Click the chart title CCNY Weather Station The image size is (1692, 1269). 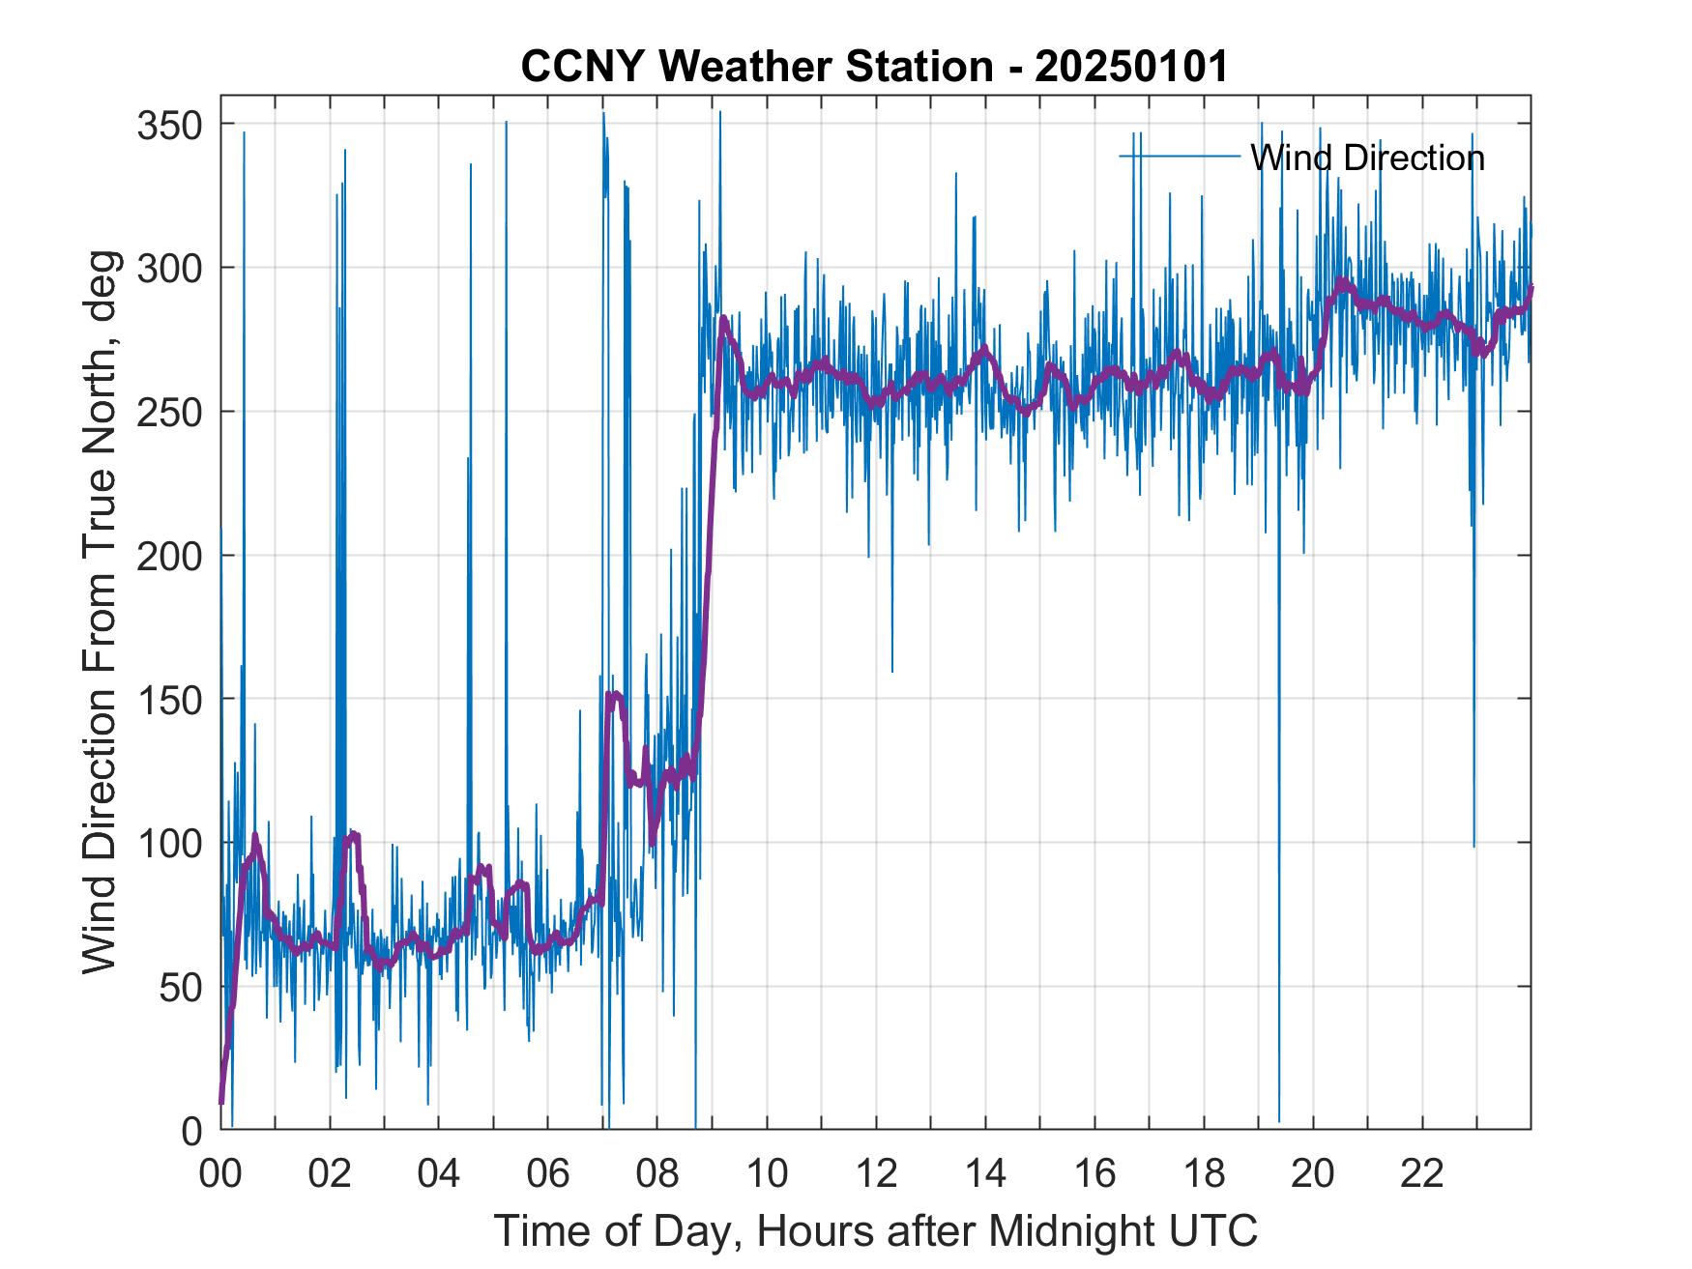pos(756,67)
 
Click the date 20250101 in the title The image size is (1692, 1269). pos(1130,67)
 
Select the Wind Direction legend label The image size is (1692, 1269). pos(1367,158)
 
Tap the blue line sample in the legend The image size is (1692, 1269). pos(1180,157)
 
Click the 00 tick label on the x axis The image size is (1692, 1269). pos(220,1174)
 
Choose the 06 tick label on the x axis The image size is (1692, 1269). pos(548,1174)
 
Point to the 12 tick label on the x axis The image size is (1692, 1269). pos(876,1174)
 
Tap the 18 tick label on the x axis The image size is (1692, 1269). pos(1204,1174)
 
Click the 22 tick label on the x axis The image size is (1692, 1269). pos(1422,1174)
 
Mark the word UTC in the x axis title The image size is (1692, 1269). pos(1214,1231)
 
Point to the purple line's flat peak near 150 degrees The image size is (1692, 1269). pos(614,694)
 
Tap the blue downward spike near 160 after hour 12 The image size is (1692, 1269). pos(891,667)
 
